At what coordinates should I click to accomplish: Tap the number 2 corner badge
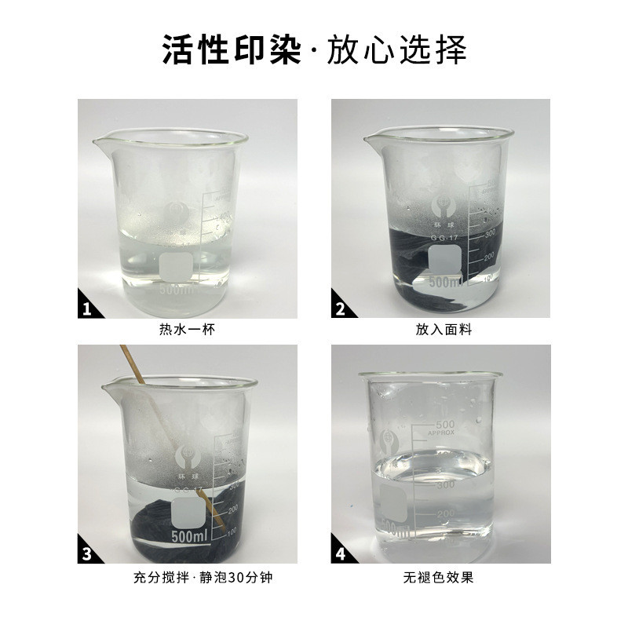[341, 309]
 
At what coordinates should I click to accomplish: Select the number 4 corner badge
[341, 553]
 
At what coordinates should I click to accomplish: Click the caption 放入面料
[440, 330]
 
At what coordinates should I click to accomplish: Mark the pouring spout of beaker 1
[98, 144]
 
